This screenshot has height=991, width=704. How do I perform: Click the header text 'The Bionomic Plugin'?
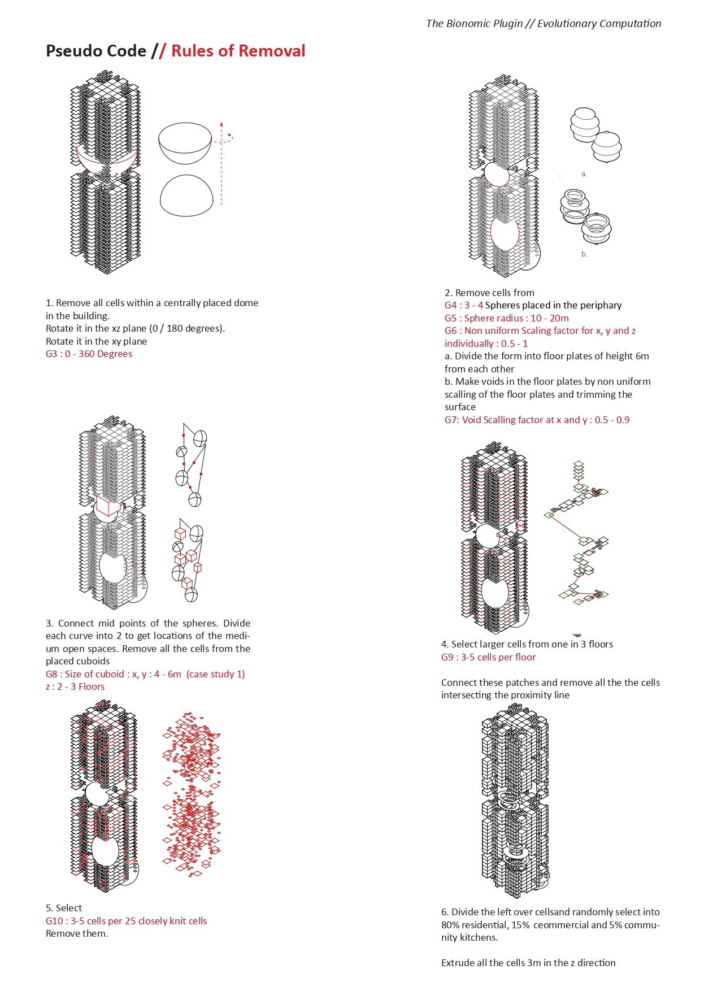474,23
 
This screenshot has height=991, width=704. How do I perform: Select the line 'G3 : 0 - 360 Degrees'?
89,354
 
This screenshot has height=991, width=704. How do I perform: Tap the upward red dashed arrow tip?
221,123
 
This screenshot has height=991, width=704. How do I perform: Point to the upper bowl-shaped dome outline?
185,144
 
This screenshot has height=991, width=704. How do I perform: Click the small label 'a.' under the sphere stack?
584,174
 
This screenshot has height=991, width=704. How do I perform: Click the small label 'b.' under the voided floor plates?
584,254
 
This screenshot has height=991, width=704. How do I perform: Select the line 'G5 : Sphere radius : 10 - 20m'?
506,318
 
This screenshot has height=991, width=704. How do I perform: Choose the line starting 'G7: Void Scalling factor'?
537,420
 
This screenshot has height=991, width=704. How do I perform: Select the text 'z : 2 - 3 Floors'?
75,686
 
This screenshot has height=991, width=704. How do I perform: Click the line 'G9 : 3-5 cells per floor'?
488,657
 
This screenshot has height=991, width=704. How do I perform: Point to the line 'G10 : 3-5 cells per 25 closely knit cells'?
126,921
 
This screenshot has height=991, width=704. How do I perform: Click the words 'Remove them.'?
77,933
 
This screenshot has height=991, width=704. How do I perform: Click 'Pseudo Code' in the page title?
95,51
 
